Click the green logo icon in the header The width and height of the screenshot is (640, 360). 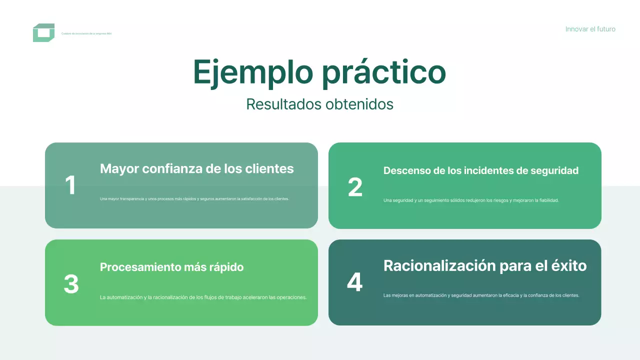point(43,33)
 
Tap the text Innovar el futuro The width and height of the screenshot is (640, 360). point(590,29)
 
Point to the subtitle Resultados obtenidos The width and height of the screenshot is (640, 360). point(319,104)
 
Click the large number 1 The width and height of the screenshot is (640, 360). point(70,185)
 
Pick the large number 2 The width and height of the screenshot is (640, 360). point(355,187)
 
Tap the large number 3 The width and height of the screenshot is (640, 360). point(71,284)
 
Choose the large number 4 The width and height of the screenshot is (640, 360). point(354,282)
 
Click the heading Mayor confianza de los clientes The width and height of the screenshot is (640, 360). point(196,168)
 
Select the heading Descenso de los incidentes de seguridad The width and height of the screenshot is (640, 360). point(480,170)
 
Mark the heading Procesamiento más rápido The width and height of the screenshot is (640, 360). point(171,267)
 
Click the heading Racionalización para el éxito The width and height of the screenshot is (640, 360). point(484,265)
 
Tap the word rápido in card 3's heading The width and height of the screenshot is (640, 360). point(224,267)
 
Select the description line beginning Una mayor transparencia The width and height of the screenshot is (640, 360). point(194,198)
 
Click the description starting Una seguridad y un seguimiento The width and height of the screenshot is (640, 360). point(470,200)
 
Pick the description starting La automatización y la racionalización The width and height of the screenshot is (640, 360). point(203,297)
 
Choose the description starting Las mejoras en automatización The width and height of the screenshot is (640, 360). point(481,295)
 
